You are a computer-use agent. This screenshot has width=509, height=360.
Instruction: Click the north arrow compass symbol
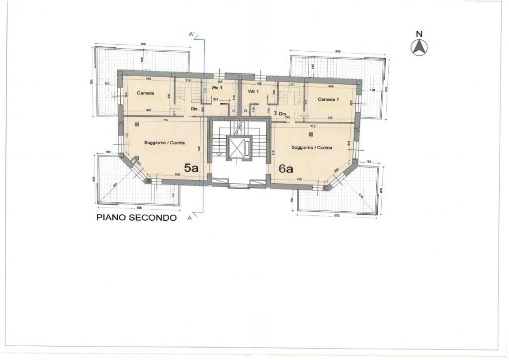coord(419,47)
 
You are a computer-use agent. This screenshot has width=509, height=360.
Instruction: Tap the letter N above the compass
coord(419,34)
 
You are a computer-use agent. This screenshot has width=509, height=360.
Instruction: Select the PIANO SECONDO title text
coord(136,218)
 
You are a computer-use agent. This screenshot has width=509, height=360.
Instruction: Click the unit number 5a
coord(191,168)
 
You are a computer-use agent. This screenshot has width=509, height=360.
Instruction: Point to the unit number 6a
coord(286,169)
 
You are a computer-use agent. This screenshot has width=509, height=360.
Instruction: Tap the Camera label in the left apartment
coord(146,93)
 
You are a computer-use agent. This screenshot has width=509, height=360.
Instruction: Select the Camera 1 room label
coord(328,99)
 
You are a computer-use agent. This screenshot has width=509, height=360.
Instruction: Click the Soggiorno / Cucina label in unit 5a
coord(164,143)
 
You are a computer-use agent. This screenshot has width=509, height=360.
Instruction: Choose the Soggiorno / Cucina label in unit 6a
coord(312,148)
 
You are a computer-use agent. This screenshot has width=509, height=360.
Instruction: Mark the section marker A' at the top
coord(193,34)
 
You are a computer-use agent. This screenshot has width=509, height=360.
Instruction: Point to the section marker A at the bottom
coord(190,217)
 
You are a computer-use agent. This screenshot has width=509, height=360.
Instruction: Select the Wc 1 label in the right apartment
coord(253,92)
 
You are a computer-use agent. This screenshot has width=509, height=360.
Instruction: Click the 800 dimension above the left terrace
coord(143,45)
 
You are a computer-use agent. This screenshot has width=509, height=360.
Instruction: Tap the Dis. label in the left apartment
coord(194,109)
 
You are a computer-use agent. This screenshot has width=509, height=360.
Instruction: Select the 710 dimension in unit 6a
coord(312,126)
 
